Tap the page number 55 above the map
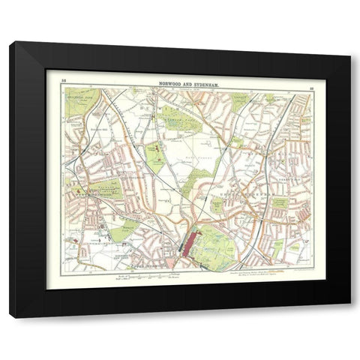(64, 79)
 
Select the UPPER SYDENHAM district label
(255, 195)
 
